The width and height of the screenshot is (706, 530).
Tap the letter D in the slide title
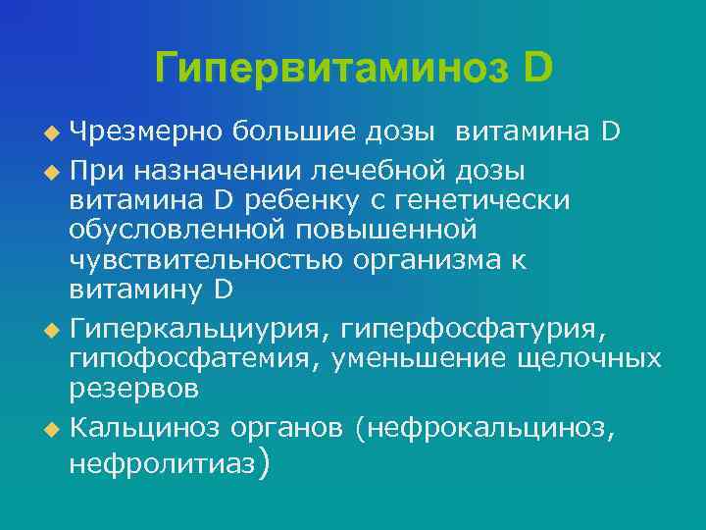538,67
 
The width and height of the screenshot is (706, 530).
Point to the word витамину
136,290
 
